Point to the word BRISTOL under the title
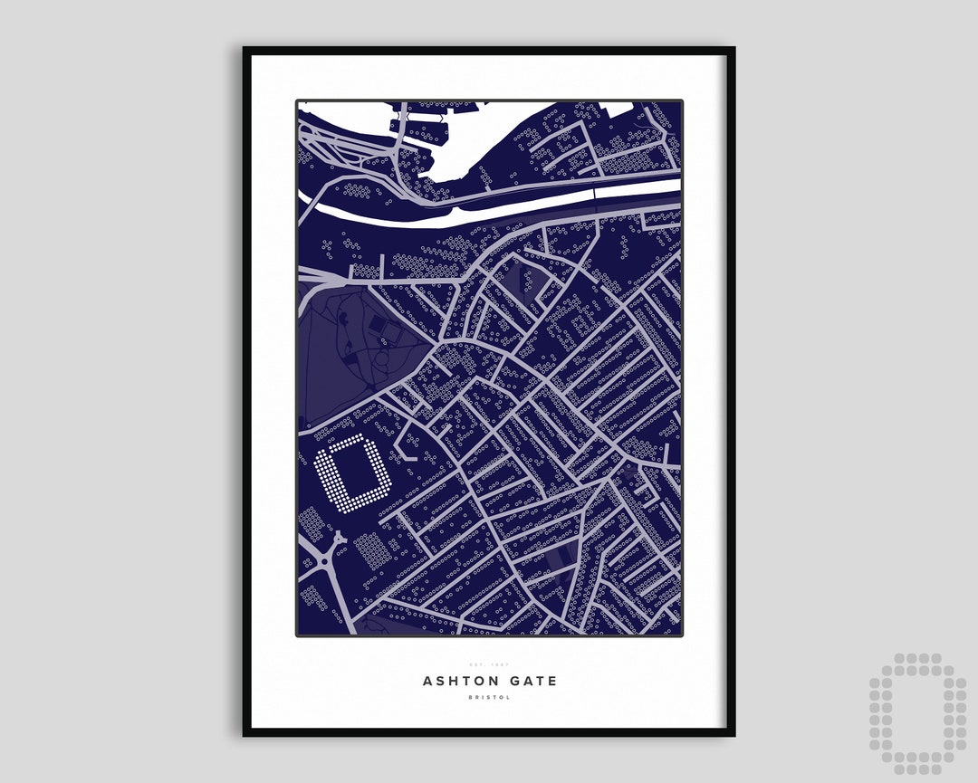(x=489, y=697)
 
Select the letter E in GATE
(x=552, y=681)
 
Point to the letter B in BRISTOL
(x=472, y=697)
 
